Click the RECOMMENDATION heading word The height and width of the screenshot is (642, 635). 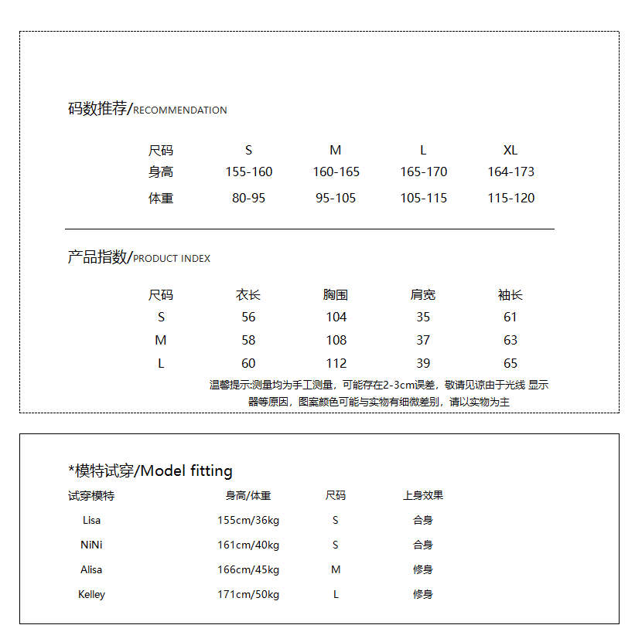coord(180,110)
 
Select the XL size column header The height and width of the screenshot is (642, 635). coord(510,150)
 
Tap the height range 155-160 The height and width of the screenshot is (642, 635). coord(249,172)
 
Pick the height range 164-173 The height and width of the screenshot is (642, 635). coord(510,172)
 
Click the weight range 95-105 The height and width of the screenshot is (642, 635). coord(336,198)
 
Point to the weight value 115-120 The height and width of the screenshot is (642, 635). coord(510,198)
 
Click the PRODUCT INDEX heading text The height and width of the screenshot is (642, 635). coord(172,259)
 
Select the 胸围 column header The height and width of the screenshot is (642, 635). coord(336,295)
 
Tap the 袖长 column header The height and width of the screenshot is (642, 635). coord(510,295)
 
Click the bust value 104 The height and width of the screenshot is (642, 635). coord(336,317)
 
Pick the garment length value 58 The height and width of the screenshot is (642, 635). coord(248,340)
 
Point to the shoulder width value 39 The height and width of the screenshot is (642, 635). coord(423,363)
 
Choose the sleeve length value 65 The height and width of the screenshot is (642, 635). coord(510,363)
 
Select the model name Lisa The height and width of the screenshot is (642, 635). coord(91,520)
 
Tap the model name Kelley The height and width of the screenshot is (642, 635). coord(91,594)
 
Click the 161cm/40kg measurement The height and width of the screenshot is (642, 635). coord(248,545)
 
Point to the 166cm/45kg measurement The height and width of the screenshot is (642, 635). coord(248,569)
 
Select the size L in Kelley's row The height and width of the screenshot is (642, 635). coord(336,594)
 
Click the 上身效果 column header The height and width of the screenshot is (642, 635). coord(423,495)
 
